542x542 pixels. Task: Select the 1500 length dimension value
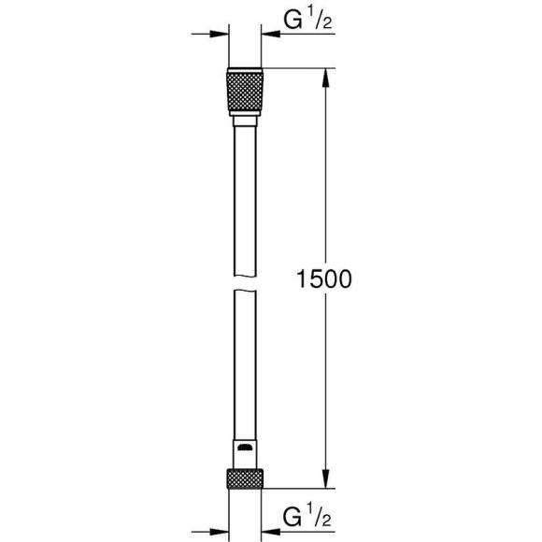(323, 278)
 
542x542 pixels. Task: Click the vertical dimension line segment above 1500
(324, 168)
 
